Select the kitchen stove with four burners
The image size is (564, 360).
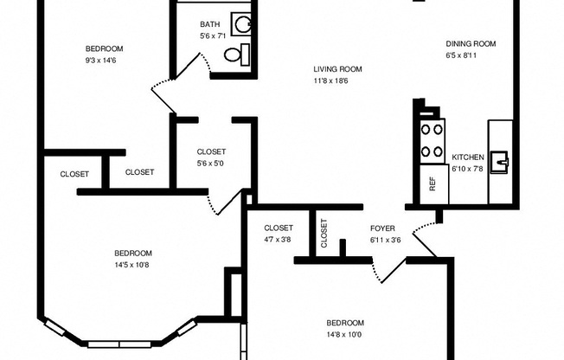(432, 142)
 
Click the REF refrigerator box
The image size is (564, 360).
(433, 183)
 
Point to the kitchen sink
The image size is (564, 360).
(500, 161)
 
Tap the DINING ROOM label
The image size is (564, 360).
(471, 44)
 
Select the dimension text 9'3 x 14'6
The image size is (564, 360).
(104, 60)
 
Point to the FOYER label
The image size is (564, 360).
(382, 228)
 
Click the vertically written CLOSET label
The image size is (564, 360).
(324, 234)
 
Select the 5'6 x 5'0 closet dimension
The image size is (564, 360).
(211, 163)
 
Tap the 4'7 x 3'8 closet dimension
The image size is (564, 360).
(279, 240)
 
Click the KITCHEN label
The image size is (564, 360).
(468, 157)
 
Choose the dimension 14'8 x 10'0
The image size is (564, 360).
(345, 334)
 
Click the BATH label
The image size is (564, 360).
(209, 24)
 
